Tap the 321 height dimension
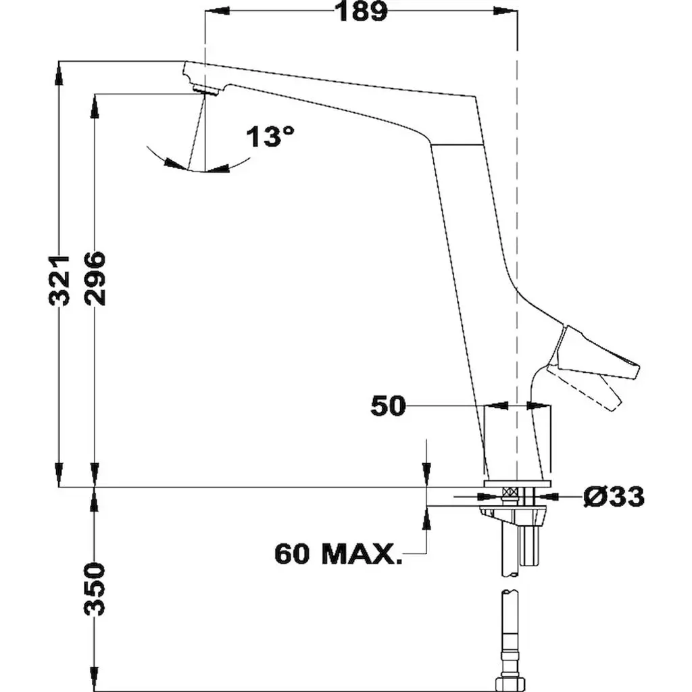pos(59,280)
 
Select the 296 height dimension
pos(95,278)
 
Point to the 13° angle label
pos(270,136)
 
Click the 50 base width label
pos(387,405)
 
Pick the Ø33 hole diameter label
pos(614,497)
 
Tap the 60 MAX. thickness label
pos(339,553)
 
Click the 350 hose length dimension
pos(95,589)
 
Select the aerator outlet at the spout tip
pos(207,90)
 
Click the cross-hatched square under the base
pos(511,492)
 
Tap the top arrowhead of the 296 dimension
pos(95,106)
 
